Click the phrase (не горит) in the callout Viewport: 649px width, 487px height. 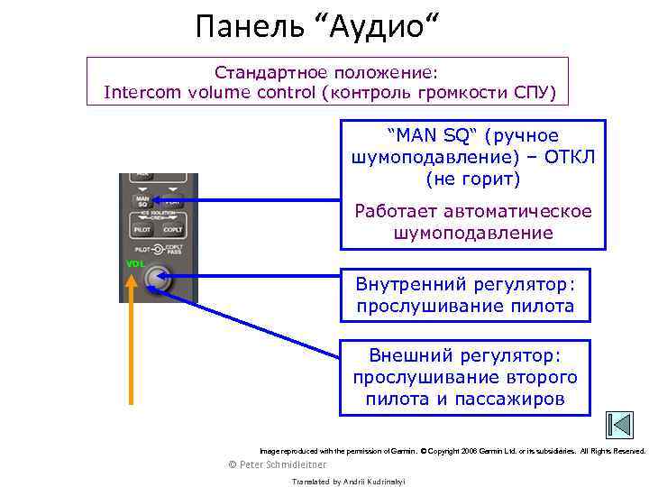coord(473,179)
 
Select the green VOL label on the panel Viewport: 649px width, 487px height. coord(134,263)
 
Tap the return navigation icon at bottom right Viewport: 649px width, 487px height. coord(619,426)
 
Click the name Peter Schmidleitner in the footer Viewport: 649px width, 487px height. coord(279,464)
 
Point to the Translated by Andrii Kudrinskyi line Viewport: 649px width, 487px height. coord(349,482)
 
